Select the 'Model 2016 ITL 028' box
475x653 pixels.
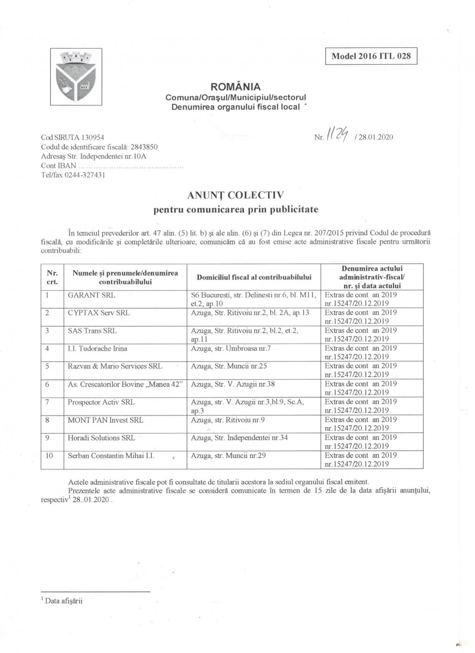coord(371,56)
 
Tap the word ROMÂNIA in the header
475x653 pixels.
coord(236,87)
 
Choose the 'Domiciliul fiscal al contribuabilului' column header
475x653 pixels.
coord(254,278)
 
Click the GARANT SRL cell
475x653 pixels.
coord(91,295)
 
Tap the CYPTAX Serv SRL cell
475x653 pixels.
coord(99,313)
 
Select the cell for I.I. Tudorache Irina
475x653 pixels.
coord(98,348)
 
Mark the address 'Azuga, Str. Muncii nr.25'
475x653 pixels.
coord(229,366)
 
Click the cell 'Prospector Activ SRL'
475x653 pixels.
coord(102,402)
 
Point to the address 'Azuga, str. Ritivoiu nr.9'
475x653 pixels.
coord(228,420)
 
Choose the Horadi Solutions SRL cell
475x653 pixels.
coord(101,438)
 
